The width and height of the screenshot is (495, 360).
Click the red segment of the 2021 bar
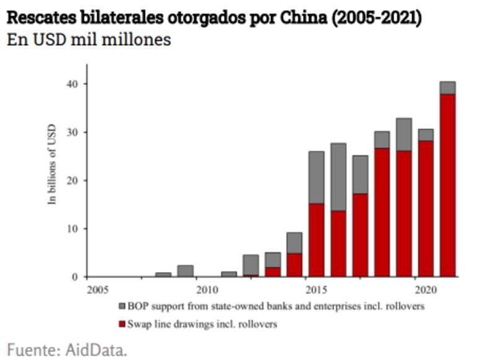point(447,186)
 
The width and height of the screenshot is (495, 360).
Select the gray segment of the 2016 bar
point(338,177)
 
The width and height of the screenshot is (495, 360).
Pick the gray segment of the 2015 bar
point(316,178)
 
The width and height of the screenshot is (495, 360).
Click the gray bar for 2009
point(185,271)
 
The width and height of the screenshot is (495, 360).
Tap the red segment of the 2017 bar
point(360,235)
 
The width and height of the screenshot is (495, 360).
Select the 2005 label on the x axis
point(97,289)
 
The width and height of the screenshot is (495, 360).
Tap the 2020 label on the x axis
point(425,289)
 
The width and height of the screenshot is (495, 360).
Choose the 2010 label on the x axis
point(207,289)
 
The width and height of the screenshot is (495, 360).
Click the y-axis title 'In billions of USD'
point(53,165)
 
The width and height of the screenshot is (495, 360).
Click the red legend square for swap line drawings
point(122,324)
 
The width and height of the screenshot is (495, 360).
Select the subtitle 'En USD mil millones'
point(89,40)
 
